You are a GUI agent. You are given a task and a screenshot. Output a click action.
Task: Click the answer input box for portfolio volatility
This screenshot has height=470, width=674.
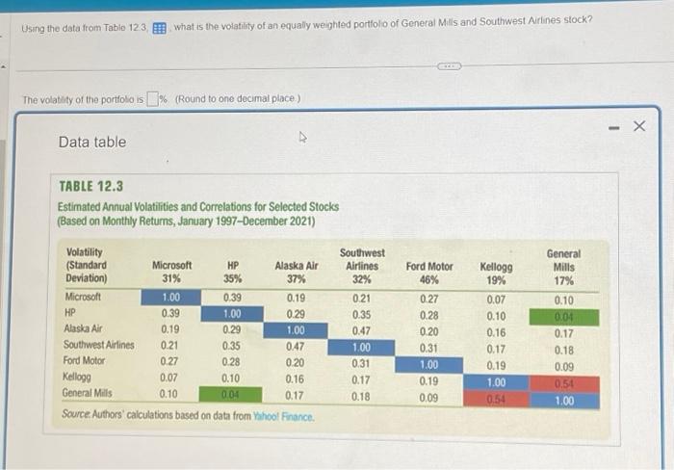152,100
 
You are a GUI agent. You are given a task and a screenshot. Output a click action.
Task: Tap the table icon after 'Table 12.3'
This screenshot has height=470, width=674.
159,21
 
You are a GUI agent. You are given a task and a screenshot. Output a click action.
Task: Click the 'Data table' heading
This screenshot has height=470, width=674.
91,142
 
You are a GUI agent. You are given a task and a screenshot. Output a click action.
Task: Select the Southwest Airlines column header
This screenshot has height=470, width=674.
362,265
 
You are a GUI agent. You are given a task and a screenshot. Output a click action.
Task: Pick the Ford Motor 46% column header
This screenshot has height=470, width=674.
429,273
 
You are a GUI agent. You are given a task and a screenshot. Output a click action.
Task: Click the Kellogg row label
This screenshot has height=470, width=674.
77,379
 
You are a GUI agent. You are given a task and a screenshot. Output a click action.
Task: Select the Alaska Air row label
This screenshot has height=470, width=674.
83,329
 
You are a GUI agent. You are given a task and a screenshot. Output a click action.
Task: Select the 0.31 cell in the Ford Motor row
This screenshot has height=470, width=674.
362,363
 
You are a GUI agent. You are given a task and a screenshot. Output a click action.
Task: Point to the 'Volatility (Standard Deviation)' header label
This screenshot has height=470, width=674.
87,266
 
